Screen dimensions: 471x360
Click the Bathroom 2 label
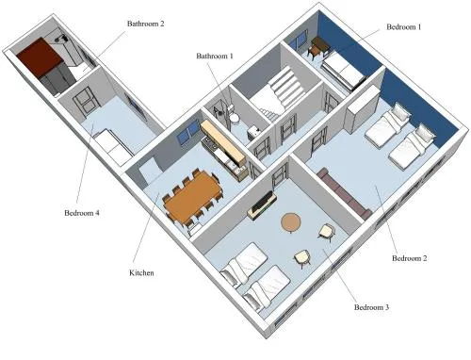145,24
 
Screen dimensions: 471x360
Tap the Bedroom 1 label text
403,27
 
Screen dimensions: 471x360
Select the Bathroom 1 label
215,56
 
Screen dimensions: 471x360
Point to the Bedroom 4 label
82,213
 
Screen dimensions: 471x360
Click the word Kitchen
141,272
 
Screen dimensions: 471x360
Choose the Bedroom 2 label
410,258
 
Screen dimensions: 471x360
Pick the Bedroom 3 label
371,307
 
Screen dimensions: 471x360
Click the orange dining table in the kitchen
193,196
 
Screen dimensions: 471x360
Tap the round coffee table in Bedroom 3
291,222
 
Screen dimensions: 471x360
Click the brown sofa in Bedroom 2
344,192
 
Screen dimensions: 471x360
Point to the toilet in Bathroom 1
233,116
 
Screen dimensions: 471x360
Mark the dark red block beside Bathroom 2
39,57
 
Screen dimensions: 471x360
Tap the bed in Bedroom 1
343,71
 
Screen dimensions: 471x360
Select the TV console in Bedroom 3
262,205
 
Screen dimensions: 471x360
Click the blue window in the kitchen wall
188,132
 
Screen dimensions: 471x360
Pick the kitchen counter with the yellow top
223,142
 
